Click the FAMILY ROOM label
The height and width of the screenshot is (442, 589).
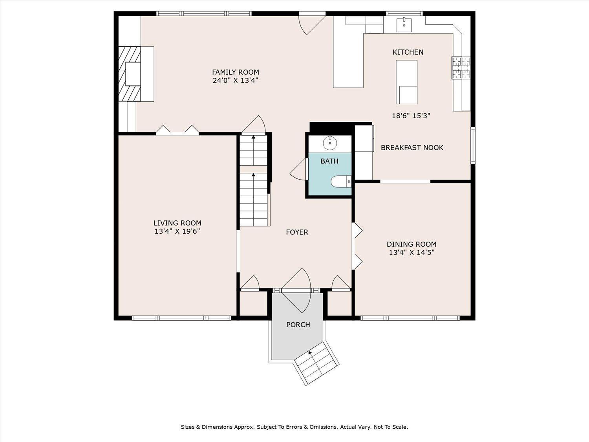[x=236, y=72]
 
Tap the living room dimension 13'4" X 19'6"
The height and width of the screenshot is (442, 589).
[x=177, y=231]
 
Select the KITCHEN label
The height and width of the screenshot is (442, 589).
[x=408, y=52]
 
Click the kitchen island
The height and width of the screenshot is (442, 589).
[x=406, y=82]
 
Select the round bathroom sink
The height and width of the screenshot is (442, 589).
[x=330, y=143]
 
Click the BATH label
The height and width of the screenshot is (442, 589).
[x=329, y=161]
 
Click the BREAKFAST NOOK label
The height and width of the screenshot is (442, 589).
[x=412, y=148]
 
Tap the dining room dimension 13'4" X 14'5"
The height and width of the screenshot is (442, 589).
[x=412, y=253]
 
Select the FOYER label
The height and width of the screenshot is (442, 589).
[x=297, y=232]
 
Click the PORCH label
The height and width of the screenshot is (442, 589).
[x=298, y=325]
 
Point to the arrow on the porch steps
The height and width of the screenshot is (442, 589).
[x=310, y=353]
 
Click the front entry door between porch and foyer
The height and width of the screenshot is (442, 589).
[x=297, y=291]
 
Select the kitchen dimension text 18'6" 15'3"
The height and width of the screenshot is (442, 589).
[x=411, y=116]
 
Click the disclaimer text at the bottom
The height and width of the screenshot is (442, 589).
[x=294, y=427]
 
